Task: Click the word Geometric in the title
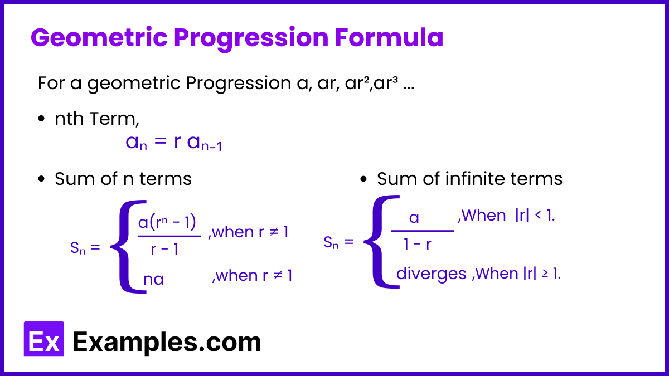(x=99, y=38)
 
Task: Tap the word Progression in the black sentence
(x=239, y=84)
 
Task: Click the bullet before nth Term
(x=41, y=119)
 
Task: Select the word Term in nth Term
(x=114, y=119)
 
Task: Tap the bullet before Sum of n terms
(x=41, y=179)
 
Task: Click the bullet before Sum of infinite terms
(x=363, y=179)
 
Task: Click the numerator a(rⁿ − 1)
(x=167, y=222)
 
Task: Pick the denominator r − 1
(x=164, y=249)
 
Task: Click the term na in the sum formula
(x=153, y=280)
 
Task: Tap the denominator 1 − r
(x=418, y=245)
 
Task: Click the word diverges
(x=432, y=274)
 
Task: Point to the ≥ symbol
(x=545, y=274)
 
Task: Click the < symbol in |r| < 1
(x=538, y=214)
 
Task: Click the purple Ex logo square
(x=44, y=339)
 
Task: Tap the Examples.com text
(x=167, y=342)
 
